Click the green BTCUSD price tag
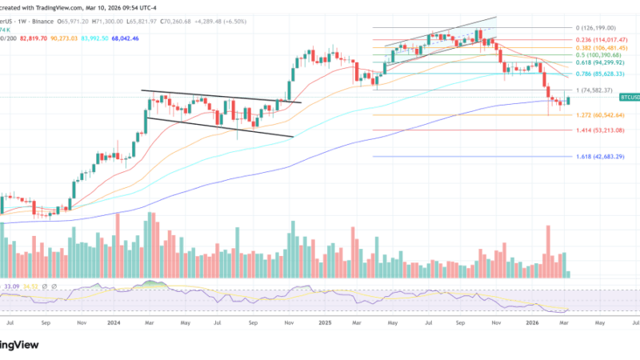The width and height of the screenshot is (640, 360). pyautogui.click(x=630, y=98)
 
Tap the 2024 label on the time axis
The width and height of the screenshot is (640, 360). pyautogui.click(x=113, y=323)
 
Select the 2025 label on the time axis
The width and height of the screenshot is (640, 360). pyautogui.click(x=326, y=323)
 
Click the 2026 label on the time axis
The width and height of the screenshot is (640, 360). pyautogui.click(x=536, y=323)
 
